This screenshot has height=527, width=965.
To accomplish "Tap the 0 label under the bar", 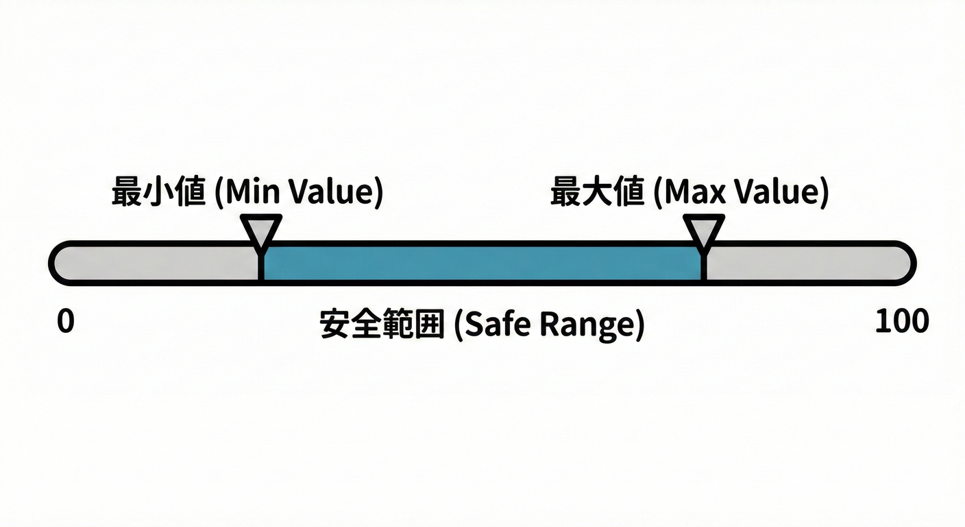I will tap(65, 322).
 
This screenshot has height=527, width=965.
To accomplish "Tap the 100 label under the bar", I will tap(902, 321).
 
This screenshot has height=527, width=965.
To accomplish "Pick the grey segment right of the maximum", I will tap(805, 263).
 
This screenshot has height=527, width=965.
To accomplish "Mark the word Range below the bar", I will tap(587, 325).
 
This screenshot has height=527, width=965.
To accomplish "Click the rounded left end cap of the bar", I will tap(60, 263).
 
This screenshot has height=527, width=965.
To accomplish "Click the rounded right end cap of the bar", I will tap(905, 263).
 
